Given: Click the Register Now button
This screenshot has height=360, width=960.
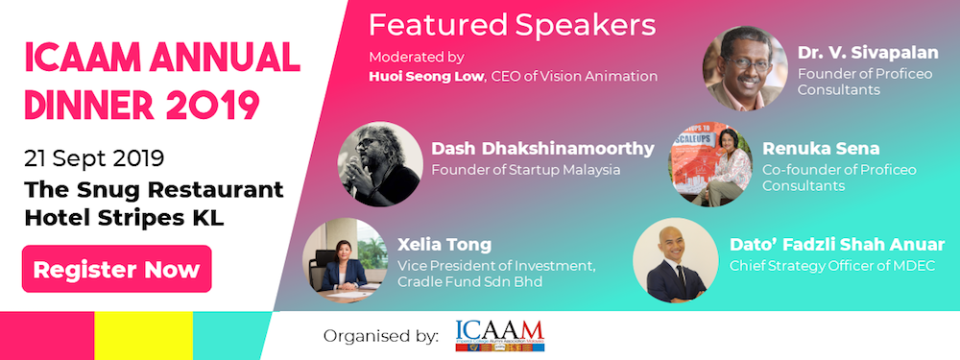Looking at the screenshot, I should (116, 270).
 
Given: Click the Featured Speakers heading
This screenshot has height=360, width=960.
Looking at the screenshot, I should (513, 24).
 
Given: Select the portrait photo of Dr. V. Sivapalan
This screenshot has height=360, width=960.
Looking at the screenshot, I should (744, 68).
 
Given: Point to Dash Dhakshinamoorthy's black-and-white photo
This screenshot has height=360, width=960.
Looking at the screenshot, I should (380, 157).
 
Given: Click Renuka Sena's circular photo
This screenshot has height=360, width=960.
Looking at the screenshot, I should (709, 162).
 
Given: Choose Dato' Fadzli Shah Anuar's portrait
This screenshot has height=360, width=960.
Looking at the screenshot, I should (675, 260).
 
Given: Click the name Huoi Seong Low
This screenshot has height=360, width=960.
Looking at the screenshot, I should (418, 76).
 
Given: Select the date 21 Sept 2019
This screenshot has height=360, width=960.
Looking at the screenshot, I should (95, 157).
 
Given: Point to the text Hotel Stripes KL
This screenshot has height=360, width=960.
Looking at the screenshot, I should (124, 217).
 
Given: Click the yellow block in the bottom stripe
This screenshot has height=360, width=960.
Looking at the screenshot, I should (142, 336).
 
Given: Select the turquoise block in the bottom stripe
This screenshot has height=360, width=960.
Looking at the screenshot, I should (232, 336).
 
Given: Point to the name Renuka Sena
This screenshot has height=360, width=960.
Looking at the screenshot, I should (811, 149).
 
